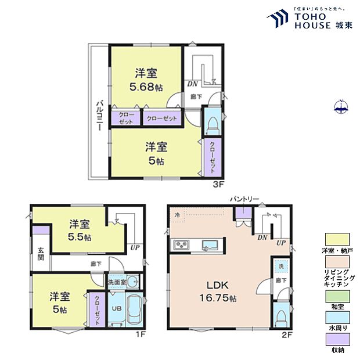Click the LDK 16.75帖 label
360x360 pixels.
(x=219, y=291)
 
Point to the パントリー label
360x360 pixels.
(x=244, y=199)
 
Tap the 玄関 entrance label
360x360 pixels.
(x=41, y=254)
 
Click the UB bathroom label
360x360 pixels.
(x=115, y=308)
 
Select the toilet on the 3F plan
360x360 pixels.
(x=213, y=123)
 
